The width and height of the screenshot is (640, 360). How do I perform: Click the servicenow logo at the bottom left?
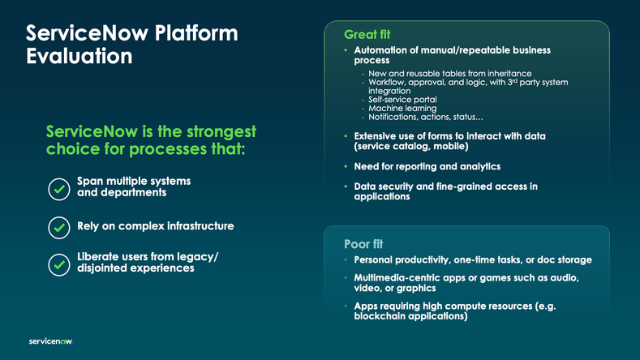pos(50,342)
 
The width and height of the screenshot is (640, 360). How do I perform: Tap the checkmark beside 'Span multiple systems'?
pos(59,188)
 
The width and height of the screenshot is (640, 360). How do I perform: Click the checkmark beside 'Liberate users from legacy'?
pos(59,264)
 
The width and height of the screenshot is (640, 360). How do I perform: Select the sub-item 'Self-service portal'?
pos(402,100)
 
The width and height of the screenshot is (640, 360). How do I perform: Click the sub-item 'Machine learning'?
pos(402,109)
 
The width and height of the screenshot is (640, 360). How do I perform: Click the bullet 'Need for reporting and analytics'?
pos(427,166)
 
